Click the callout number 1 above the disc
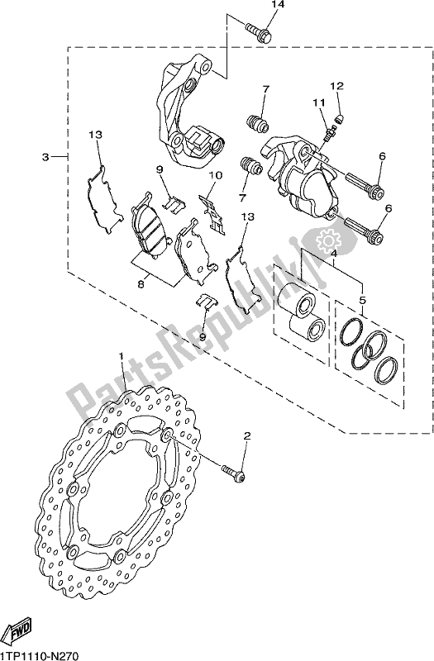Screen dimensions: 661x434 click(121, 357)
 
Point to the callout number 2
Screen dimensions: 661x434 click(246, 435)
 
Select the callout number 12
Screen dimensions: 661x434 click(336, 86)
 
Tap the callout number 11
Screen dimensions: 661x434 click(315, 102)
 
